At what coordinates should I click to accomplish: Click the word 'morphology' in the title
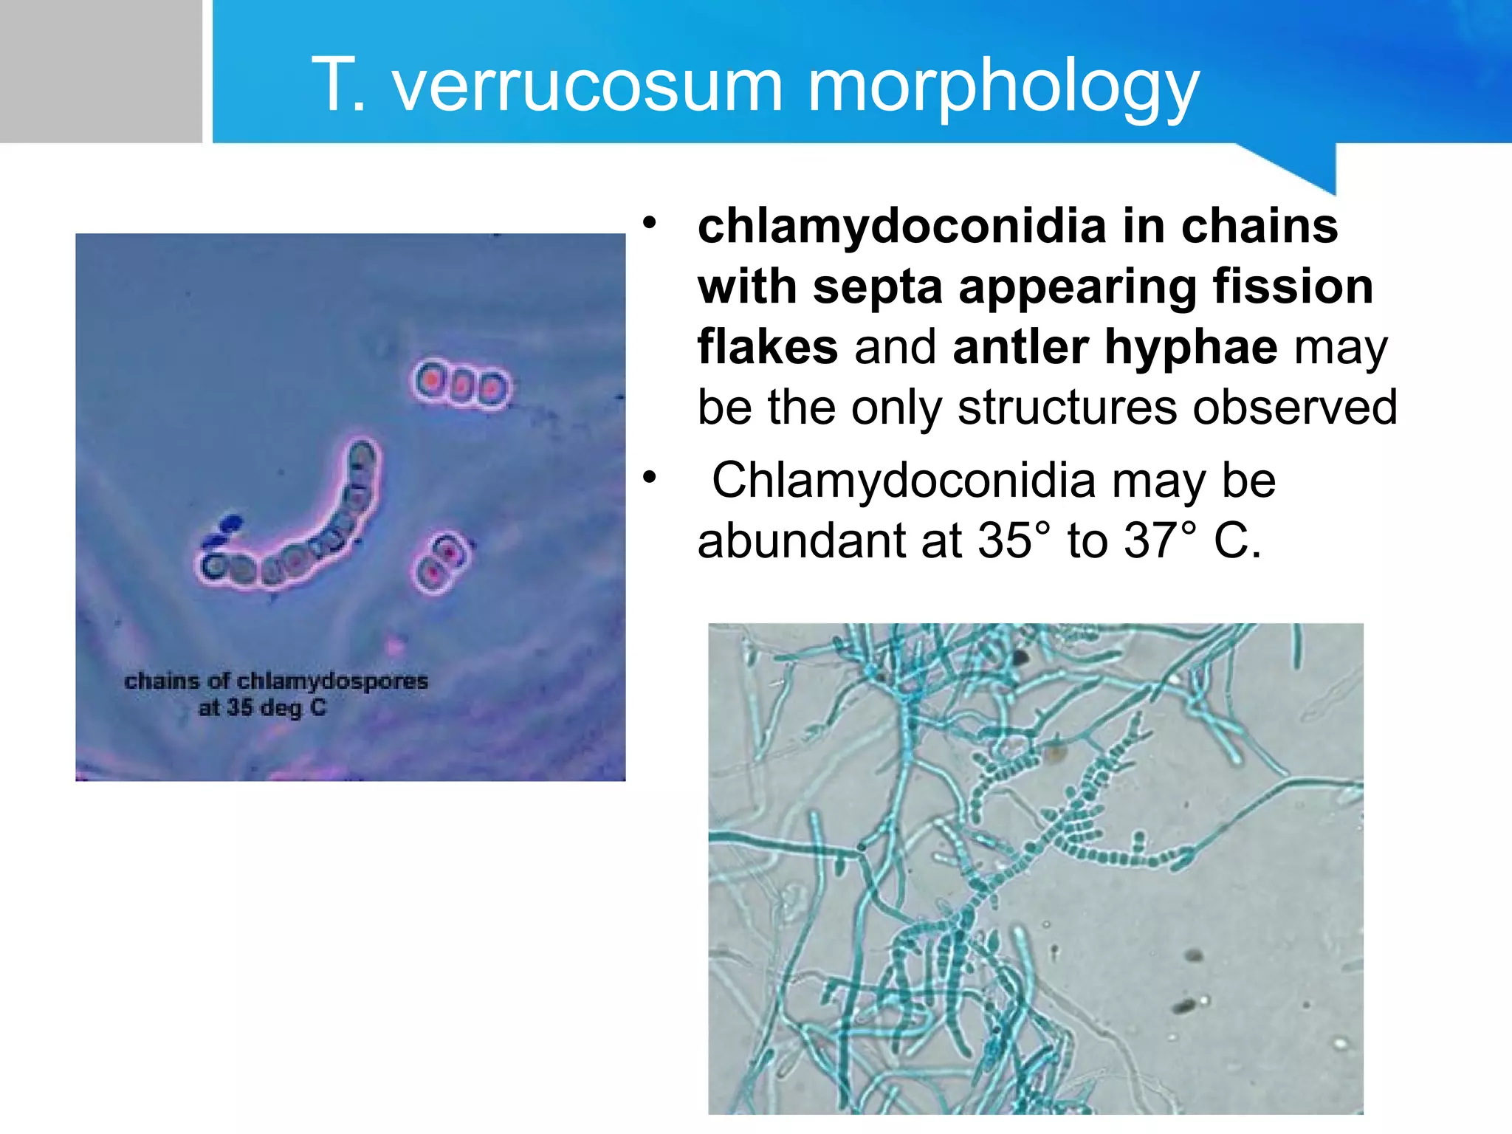(1003, 87)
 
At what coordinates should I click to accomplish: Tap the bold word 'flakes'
(767, 347)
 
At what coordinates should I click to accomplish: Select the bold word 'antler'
(1020, 347)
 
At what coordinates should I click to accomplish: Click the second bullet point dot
(649, 478)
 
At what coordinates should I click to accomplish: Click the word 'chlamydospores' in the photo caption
(332, 681)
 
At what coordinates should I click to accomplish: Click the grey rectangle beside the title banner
(100, 71)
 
